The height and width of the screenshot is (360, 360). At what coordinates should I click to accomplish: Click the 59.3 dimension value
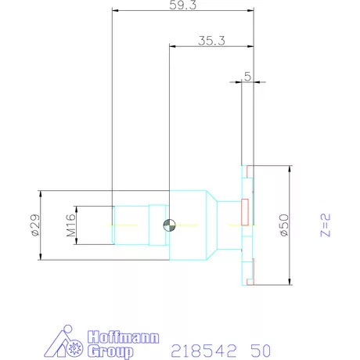[184, 5]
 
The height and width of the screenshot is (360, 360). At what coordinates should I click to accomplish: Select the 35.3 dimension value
[208, 41]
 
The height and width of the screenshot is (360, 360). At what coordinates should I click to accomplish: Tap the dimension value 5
[247, 76]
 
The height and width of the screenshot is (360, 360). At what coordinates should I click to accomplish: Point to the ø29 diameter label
[34, 225]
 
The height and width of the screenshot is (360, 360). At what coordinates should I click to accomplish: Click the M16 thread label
[70, 225]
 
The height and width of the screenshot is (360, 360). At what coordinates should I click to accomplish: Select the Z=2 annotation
[328, 225]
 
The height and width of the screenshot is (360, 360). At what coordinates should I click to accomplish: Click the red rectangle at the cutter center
[245, 210]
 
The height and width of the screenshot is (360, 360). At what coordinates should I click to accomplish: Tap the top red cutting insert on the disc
[249, 170]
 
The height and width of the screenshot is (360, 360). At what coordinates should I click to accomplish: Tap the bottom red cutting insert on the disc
[249, 281]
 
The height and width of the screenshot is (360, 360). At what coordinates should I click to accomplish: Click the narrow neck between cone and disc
[228, 226]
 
